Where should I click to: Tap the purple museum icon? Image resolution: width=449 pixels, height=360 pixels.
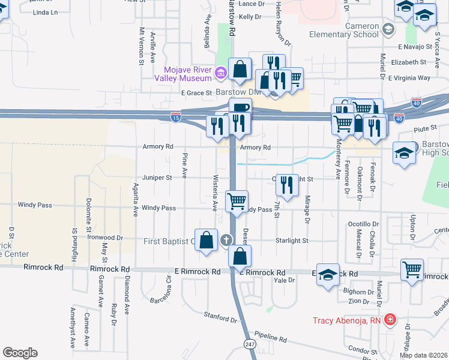[220, 73]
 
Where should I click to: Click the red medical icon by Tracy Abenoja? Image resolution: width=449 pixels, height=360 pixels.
[390, 320]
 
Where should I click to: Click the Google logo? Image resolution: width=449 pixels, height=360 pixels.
[20, 353]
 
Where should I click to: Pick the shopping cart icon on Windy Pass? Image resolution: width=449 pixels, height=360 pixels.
[237, 200]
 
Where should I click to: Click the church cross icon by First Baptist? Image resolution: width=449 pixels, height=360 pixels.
[227, 241]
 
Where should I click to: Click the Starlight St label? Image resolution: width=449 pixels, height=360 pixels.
[292, 241]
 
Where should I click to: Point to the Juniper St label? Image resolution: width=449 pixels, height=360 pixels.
[157, 178]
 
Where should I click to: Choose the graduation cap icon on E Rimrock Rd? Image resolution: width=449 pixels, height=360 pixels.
[328, 275]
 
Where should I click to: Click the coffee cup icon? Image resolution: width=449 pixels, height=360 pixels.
[240, 108]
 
